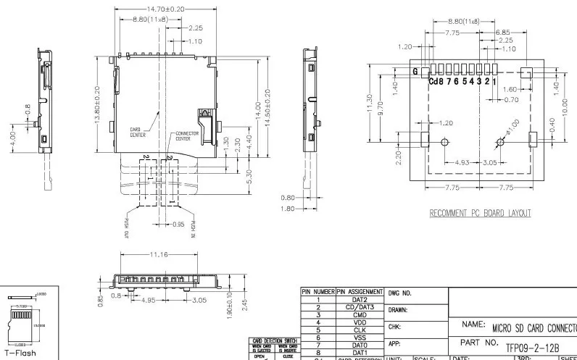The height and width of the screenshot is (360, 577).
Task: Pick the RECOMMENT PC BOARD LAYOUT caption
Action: click(480, 213)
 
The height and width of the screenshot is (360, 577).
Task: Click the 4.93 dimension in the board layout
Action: click(461, 162)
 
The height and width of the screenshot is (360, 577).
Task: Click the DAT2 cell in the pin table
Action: click(360, 299)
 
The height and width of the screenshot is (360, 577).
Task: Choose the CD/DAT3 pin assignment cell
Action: click(360, 307)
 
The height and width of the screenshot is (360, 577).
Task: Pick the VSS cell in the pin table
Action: click(360, 338)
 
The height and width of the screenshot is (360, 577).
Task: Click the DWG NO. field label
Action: click(400, 293)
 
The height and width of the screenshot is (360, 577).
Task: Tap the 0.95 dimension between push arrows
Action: click(178, 225)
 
